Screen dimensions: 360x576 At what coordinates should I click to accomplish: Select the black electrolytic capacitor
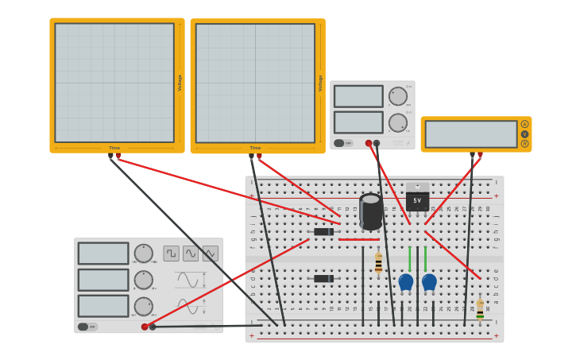370,211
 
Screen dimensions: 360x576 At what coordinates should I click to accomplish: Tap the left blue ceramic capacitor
406,281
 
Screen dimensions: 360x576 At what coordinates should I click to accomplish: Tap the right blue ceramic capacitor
429,281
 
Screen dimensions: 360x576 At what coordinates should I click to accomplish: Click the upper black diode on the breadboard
323,231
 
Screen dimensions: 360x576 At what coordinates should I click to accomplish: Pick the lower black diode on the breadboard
323,279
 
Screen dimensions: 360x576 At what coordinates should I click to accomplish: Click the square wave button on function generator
172,254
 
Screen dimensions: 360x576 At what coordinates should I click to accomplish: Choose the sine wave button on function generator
191,254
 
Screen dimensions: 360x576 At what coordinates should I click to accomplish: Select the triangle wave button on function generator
210,254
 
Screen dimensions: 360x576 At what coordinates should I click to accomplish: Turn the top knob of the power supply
397,96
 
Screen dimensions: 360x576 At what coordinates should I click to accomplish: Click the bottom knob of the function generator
143,306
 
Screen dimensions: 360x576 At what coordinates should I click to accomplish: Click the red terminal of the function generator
145,327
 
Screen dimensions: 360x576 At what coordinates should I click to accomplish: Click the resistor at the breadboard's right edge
480,308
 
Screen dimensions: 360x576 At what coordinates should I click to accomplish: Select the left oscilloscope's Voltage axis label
180,83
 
